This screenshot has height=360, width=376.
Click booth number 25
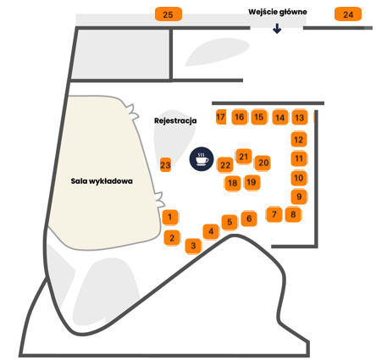click(169, 14)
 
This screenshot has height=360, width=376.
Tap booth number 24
click(348, 14)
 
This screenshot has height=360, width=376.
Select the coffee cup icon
click(202, 159)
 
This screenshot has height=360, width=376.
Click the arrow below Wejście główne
click(277, 29)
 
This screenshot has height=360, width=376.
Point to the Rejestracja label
click(175, 121)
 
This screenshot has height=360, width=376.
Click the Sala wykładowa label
click(102, 181)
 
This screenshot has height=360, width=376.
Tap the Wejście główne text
click(278, 12)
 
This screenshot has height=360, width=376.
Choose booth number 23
click(165, 164)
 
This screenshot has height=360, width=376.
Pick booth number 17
click(221, 117)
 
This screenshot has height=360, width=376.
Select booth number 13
click(300, 117)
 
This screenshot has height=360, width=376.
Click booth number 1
click(170, 217)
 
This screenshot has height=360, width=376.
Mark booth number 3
click(193, 246)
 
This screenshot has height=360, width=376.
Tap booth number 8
click(293, 214)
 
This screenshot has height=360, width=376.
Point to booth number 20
click(263, 163)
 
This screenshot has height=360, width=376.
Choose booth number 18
click(233, 183)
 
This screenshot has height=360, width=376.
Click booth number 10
click(299, 178)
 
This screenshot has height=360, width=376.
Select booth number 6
click(249, 219)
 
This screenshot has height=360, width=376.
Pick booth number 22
click(225, 165)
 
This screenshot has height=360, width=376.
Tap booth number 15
click(259, 117)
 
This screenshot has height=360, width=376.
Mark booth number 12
click(299, 140)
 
